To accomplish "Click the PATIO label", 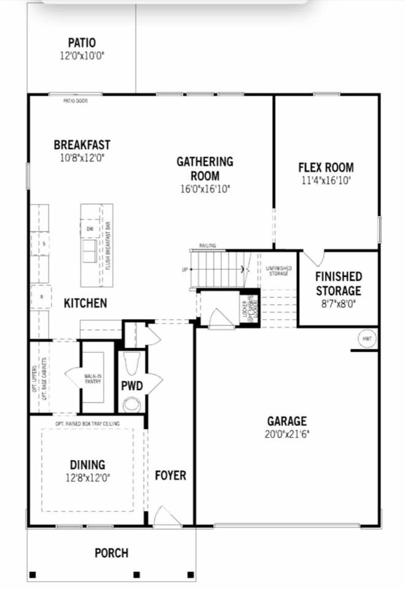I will click(82, 43).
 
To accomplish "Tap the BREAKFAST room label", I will click(82, 145).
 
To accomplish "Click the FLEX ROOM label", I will click(326, 167).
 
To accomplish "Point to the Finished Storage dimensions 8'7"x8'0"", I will click(338, 302).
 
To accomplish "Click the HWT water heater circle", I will click(368, 339).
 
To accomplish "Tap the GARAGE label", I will click(286, 421).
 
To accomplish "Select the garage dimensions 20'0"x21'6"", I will click(286, 433).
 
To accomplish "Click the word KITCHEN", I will click(85, 303).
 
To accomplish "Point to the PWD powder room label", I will click(132, 387).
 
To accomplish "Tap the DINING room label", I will click(87, 465).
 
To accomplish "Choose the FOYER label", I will click(170, 475).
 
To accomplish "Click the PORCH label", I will click(111, 553).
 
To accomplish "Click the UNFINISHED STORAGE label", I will click(279, 271).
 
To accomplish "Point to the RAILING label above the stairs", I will click(206, 245).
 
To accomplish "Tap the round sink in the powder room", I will click(131, 405).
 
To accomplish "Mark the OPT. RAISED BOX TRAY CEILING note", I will click(87, 423).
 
